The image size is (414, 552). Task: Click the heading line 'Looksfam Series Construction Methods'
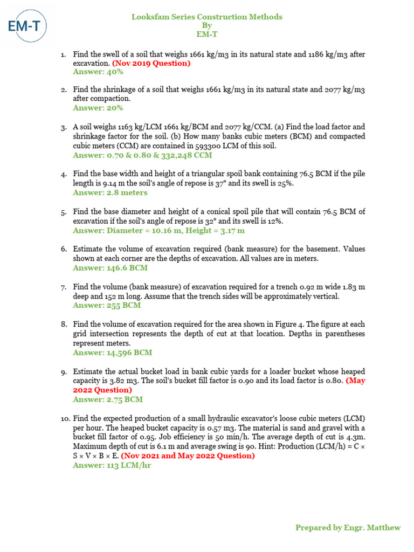coord(207,17)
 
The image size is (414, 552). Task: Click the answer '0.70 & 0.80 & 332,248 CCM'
coord(142,155)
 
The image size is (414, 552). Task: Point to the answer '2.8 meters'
coord(110,192)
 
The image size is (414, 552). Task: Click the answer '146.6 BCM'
coord(110,268)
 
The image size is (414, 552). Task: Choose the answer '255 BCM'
coord(107,305)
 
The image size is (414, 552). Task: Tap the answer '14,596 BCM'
coord(112,353)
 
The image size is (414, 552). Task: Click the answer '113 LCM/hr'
coord(112,465)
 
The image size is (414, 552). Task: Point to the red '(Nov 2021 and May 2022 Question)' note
coord(188,456)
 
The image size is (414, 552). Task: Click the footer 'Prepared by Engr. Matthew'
coord(348,528)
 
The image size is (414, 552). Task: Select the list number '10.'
coord(65,419)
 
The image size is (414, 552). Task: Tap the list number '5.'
coord(64,212)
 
